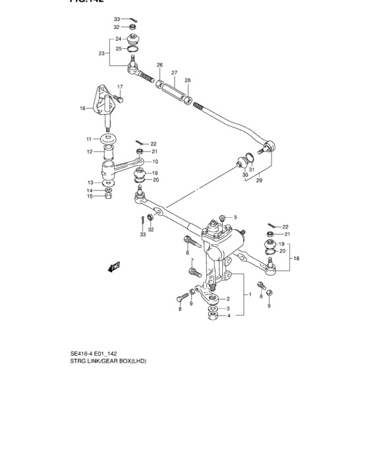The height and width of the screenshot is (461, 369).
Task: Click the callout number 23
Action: pyautogui.click(x=102, y=53)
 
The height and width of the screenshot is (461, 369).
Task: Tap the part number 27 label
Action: pyautogui.click(x=175, y=72)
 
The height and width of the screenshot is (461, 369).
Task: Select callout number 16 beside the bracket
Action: pyautogui.click(x=82, y=108)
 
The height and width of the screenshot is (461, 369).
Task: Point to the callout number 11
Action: pyautogui.click(x=88, y=139)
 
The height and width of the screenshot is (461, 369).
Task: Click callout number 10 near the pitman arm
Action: pyautogui.click(x=156, y=161)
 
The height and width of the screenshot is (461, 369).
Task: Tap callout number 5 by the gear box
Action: pyautogui.click(x=235, y=217)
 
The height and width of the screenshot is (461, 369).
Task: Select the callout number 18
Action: pyautogui.click(x=296, y=259)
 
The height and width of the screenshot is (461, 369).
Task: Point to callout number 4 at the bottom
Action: pyautogui.click(x=229, y=315)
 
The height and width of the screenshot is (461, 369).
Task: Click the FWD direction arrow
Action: pyautogui.click(x=114, y=267)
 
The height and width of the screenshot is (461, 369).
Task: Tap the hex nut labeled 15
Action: pyautogui.click(x=107, y=196)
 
